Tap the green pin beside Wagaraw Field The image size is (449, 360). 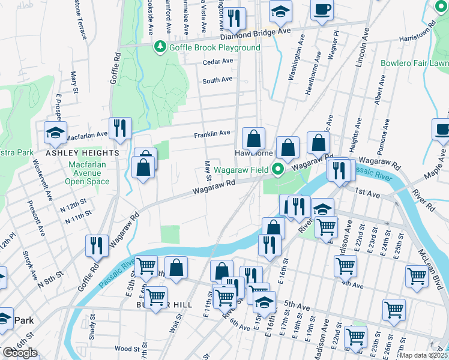tap(278, 170)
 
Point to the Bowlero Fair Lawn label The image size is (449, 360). tap(414, 63)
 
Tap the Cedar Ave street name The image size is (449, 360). tap(217, 61)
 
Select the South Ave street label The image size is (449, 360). tap(217, 80)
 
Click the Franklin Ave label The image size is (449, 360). tap(212, 134)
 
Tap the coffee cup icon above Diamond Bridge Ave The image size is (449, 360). tap(322, 9)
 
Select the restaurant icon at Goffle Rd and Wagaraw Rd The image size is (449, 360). tap(96, 245)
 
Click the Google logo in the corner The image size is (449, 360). tap(20, 353)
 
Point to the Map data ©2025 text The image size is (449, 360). tap(423, 355)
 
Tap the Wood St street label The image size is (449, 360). tap(127, 349)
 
